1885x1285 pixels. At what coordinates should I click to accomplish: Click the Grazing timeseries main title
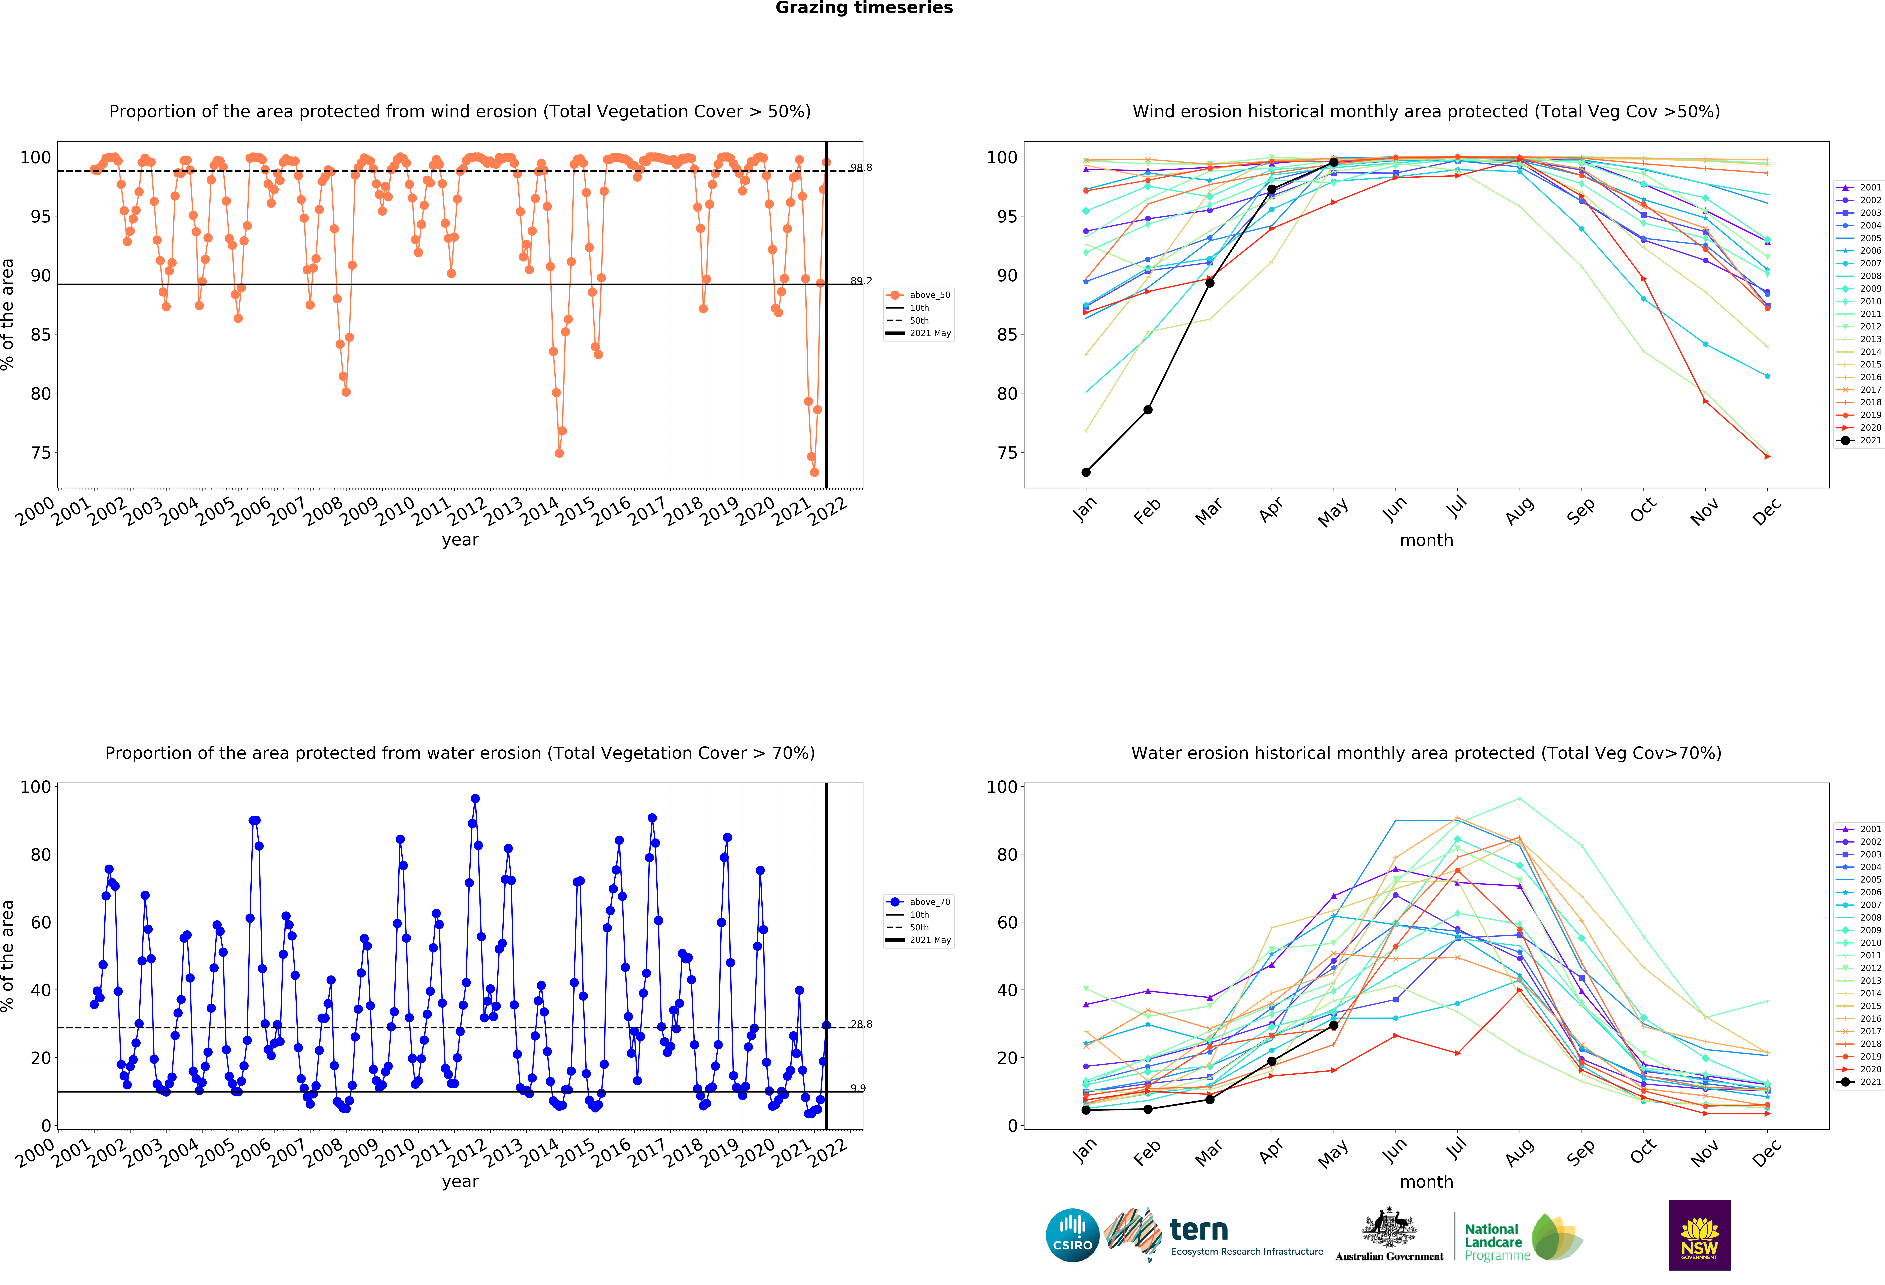pyautogui.click(x=864, y=8)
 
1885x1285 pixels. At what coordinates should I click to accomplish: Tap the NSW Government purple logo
pyautogui.click(x=1699, y=1235)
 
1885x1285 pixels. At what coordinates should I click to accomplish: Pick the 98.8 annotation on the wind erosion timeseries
pyautogui.click(x=861, y=168)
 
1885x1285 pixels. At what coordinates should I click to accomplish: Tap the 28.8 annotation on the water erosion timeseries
pyautogui.click(x=861, y=1024)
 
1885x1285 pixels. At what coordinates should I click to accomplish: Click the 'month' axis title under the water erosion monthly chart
pyautogui.click(x=1426, y=1182)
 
